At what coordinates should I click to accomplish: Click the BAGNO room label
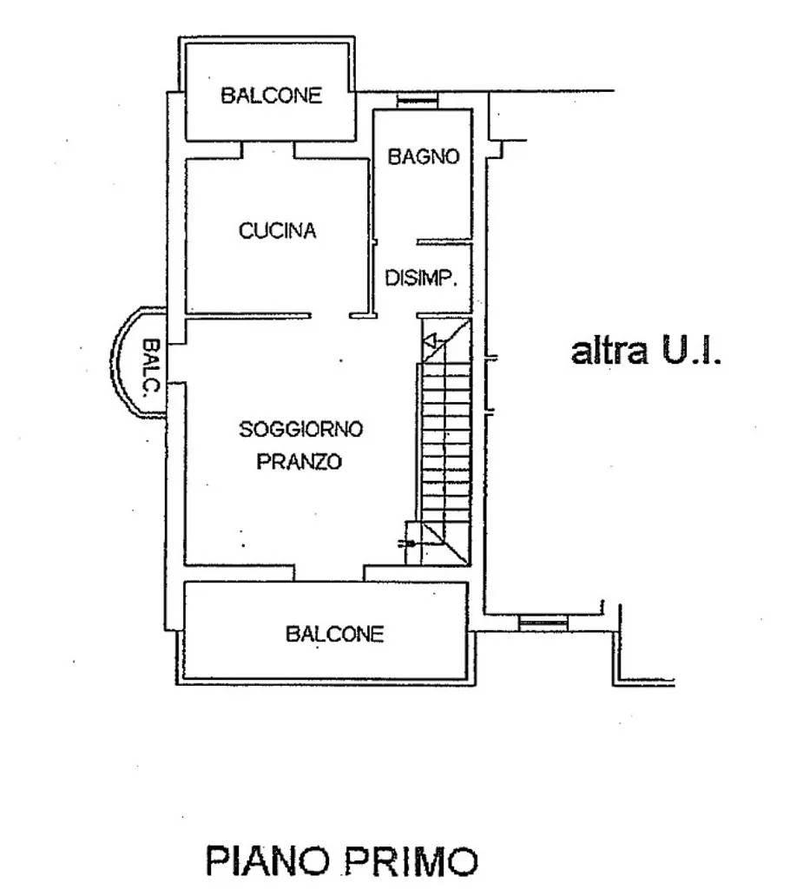[423, 156]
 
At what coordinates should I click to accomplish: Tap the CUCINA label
[277, 231]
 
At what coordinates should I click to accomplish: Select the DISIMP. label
[421, 278]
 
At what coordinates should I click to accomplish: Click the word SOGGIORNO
[300, 429]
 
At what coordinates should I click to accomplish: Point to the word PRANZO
[299, 462]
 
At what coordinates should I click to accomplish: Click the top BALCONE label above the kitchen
[271, 95]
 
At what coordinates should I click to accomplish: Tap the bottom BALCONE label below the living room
[334, 633]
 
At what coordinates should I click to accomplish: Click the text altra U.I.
[646, 352]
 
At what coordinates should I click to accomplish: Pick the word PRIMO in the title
[411, 861]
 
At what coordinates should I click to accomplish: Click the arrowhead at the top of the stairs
[430, 341]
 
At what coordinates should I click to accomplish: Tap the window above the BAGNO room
[418, 101]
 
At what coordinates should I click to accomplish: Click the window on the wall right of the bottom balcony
[543, 623]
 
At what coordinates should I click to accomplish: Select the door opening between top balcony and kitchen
[268, 150]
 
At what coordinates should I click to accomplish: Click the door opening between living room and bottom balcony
[329, 573]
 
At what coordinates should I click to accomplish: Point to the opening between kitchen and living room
[330, 315]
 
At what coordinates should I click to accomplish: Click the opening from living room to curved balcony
[175, 364]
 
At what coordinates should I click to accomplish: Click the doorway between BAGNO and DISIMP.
[396, 242]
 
